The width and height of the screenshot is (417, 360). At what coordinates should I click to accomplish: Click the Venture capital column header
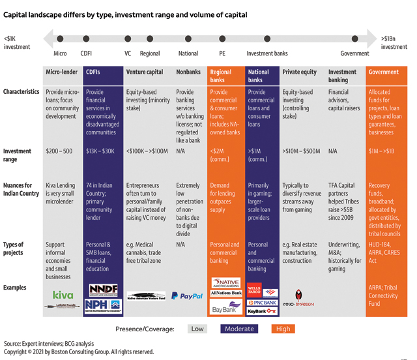pos(145,72)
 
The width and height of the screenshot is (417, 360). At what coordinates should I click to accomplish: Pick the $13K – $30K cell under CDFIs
pos(100,151)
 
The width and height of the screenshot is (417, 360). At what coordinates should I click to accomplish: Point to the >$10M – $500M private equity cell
pos(302,151)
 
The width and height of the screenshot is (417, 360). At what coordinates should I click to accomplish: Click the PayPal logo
pos(191,295)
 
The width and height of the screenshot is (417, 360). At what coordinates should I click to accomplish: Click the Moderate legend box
pos(240,329)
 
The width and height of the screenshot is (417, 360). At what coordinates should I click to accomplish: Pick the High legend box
pos(283,329)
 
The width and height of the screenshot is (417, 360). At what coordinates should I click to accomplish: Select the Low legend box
pos(197,329)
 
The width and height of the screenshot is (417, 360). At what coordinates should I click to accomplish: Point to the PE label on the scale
pos(222,54)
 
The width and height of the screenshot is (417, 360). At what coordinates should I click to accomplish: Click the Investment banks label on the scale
pos(267,54)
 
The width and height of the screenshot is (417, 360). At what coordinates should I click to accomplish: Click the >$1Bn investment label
pos(394,43)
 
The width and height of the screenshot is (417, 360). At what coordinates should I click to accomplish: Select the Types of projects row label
pos(14,248)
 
